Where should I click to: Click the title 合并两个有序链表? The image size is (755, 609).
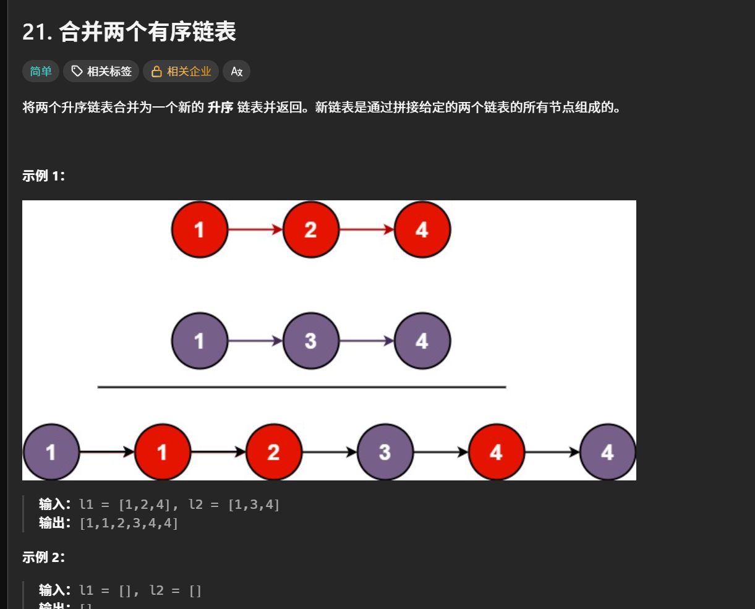pos(147,32)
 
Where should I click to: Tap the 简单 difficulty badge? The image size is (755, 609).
pos(41,72)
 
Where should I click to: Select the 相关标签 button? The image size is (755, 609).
pos(101,72)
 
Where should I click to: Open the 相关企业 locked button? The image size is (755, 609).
pos(182,72)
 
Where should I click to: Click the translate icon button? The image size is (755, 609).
pos(236,72)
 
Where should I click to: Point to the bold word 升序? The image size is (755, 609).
pos(220,108)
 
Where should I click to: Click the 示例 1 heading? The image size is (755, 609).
pos(44,176)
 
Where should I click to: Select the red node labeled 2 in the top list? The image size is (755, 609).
pos(311,230)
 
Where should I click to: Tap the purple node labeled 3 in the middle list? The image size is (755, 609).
pos(311,341)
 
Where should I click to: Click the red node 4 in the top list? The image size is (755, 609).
pos(422,230)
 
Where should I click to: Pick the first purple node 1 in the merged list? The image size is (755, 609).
pos(51,453)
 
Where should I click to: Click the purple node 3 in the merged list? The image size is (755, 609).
pos(385,453)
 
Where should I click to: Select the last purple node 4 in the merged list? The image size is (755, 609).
pos(608,453)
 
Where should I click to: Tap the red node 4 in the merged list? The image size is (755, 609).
pos(497,453)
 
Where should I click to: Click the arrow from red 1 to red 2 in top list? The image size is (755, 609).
pos(255,230)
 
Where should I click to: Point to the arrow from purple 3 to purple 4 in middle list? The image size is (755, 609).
pos(367,341)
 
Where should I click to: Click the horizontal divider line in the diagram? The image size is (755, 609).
pos(302,388)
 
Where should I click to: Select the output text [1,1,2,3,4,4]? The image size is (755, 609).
pos(129,523)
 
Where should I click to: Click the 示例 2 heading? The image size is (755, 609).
pos(44,558)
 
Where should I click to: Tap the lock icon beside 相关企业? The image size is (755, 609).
pos(157,72)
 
